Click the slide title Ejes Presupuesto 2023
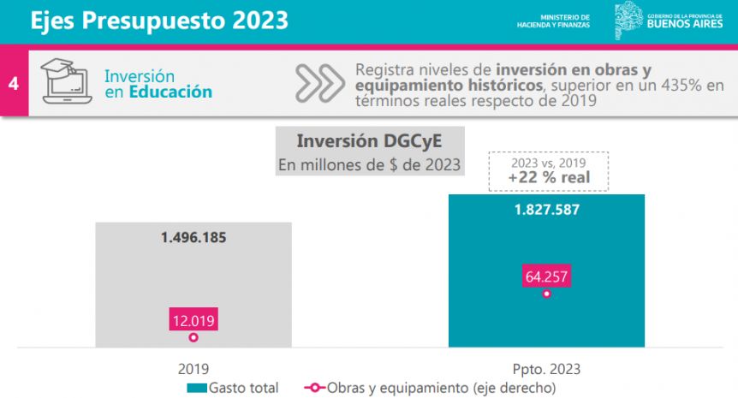click(159, 21)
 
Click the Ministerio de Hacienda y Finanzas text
click(553, 21)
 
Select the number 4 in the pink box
click(14, 84)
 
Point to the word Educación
click(170, 92)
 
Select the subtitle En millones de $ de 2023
click(368, 163)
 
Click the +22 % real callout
click(548, 177)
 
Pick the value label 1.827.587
click(546, 210)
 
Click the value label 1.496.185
click(193, 237)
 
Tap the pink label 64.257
click(546, 276)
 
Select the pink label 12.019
click(193, 321)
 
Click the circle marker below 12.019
click(193, 338)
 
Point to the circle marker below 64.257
click(546, 294)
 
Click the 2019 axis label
click(193, 369)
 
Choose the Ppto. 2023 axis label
click(546, 369)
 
